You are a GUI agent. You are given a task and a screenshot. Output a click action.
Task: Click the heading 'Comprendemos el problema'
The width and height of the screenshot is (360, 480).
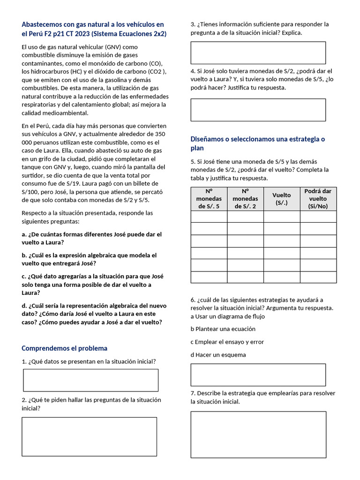coord(65,348)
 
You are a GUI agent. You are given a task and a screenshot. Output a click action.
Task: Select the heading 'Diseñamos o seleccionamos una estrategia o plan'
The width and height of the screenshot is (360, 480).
coord(257,143)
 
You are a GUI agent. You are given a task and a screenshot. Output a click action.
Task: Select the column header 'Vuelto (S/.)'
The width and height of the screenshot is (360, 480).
coord(282,199)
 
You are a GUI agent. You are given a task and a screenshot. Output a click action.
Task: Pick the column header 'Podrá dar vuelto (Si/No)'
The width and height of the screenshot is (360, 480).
coord(318,199)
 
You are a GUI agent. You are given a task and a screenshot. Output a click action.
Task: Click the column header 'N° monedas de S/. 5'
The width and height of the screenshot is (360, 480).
coord(209,199)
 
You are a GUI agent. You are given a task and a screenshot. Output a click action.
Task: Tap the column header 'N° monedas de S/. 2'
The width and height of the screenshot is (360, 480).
coord(245,199)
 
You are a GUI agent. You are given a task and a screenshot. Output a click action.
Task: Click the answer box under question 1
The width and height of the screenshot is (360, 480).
coord(90,380)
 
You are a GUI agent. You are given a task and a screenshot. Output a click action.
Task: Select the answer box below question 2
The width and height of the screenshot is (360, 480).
coord(89,437)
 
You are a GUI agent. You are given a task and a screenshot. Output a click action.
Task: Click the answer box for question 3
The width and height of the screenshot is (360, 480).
coord(258,52)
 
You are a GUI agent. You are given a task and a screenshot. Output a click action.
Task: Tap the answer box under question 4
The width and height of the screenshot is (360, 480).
coord(258,110)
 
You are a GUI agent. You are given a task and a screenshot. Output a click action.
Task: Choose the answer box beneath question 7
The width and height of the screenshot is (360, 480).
coord(258,435)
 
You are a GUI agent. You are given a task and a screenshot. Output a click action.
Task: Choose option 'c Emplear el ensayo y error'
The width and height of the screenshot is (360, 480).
coord(227,342)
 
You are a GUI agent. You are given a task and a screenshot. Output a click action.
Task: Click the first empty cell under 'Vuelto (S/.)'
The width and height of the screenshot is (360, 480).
coord(282,217)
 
